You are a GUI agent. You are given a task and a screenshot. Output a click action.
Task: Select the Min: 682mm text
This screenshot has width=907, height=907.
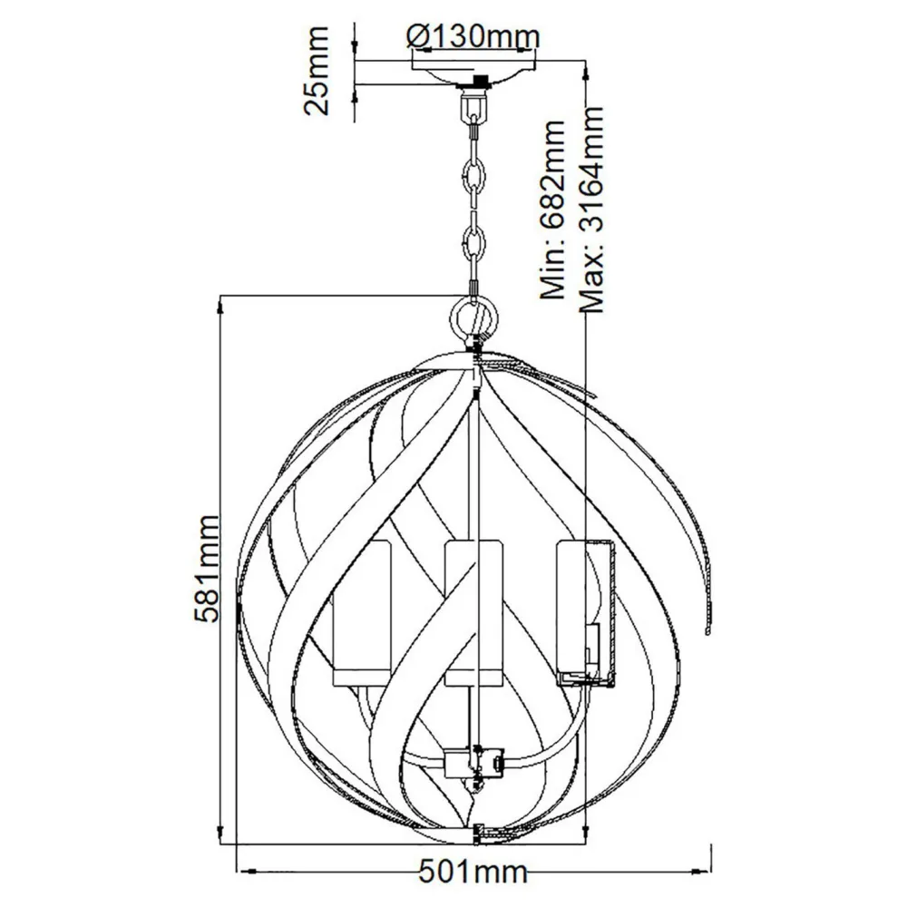(553, 210)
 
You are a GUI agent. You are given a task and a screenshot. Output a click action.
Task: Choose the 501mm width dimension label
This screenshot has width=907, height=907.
(473, 873)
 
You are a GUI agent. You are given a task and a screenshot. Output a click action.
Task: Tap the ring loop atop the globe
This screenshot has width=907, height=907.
(473, 318)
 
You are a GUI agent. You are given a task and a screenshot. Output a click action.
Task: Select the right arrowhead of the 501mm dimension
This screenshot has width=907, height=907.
(704, 873)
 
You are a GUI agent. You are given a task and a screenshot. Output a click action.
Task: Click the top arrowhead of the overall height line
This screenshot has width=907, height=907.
(586, 68)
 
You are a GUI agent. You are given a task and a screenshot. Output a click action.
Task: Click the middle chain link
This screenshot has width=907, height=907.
(473, 175)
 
